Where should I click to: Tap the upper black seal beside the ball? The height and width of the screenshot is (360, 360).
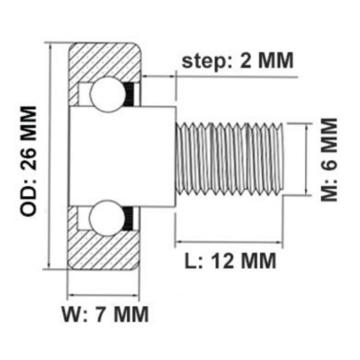[x=130, y=94]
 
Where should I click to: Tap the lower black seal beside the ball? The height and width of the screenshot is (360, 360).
[x=130, y=219]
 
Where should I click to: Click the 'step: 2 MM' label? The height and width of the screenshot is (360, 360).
[x=238, y=61]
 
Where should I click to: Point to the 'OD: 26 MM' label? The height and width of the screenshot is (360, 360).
[x=29, y=161]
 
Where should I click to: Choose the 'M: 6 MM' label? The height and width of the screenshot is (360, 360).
[x=329, y=159]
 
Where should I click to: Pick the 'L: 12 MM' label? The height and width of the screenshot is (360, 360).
[x=229, y=261]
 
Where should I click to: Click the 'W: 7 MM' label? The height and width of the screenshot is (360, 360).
[x=105, y=314]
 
